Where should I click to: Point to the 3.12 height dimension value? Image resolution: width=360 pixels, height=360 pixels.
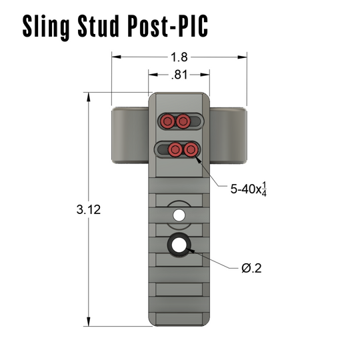89,209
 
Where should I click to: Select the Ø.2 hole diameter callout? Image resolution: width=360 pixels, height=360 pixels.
251,268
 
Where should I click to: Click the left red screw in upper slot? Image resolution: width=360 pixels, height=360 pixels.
167,121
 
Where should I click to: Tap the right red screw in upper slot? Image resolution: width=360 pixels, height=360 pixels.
183,121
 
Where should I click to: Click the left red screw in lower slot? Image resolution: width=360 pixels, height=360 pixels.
175,149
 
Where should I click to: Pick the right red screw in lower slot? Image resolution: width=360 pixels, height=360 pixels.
191,149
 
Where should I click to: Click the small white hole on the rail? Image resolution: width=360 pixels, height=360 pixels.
179,215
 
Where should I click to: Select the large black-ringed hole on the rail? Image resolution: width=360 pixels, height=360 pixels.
179,245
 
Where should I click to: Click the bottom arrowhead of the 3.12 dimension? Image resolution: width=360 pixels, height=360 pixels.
89,321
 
